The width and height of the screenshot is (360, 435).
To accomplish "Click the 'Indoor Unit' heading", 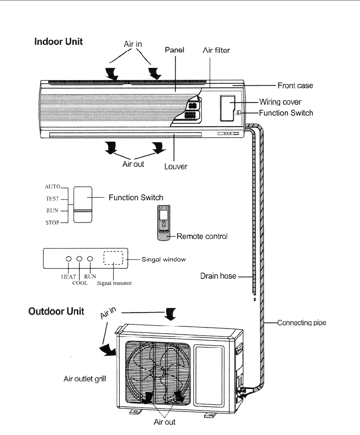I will pos(58,42).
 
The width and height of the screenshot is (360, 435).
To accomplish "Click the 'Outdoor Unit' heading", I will pos(56,311).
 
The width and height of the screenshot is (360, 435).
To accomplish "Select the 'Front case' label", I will pos(295,86).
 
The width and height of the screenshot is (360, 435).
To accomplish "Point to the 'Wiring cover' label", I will pos(280,102).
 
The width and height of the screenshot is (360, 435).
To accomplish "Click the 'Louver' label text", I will pos(176,167).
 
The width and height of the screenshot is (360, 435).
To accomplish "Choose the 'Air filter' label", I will pos(216,50).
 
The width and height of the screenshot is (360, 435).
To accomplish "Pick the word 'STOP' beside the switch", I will pos(52,223).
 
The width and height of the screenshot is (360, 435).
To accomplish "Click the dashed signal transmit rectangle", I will pos(113,258).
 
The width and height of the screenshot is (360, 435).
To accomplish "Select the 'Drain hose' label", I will pos(218,276).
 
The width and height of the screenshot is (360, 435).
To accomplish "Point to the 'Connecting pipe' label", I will pos(301,323).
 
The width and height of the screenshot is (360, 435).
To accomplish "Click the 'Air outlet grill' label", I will pos(85,379).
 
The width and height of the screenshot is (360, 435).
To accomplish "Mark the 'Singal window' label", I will pos(164,259).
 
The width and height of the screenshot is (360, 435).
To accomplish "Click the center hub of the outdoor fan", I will pos(157,370).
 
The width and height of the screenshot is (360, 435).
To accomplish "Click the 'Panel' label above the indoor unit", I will pos(175,50).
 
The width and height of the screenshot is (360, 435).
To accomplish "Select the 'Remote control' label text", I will pos(202,236).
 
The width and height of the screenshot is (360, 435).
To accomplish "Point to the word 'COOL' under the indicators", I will pos(80,283).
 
